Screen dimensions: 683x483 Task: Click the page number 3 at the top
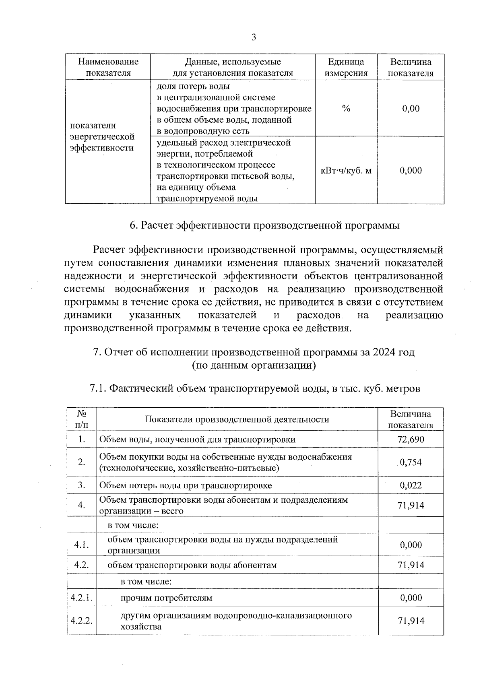click(x=254, y=37)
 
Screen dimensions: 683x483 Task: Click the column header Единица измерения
click(x=346, y=67)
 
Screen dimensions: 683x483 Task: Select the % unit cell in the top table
click(x=346, y=108)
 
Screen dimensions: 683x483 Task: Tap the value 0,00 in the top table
click(x=411, y=108)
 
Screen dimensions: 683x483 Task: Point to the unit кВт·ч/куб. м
click(x=346, y=171)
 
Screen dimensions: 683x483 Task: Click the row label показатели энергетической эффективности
click(x=102, y=136)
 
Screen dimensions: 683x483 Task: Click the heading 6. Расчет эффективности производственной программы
click(x=264, y=225)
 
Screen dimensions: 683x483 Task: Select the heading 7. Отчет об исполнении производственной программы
click(x=254, y=352)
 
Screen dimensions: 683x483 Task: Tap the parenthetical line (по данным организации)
click(x=254, y=365)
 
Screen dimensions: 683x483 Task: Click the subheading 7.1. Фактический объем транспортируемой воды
click(x=254, y=388)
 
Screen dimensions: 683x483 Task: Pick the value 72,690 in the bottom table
click(x=411, y=439)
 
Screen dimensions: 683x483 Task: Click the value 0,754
click(x=411, y=462)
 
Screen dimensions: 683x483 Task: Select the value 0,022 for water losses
click(x=411, y=485)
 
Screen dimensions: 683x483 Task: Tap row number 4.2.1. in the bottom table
click(x=81, y=598)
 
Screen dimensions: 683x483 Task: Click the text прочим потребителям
click(x=166, y=598)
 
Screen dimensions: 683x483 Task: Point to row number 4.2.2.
click(x=81, y=621)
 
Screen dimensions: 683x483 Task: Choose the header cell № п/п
click(x=81, y=419)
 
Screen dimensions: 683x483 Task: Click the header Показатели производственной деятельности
click(x=237, y=419)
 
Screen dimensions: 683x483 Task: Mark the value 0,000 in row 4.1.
click(x=411, y=545)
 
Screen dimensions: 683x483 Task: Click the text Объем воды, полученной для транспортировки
click(x=197, y=439)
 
